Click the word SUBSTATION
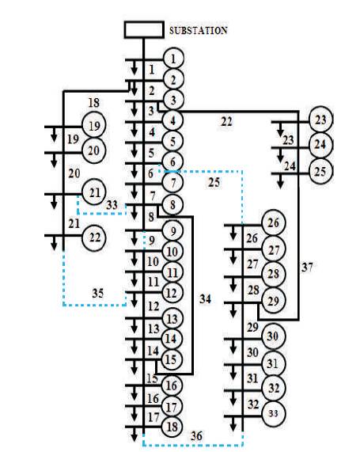click(199, 31)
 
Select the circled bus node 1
click(173, 59)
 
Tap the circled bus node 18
click(172, 427)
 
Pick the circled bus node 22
click(94, 237)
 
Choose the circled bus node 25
click(320, 172)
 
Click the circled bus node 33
click(274, 413)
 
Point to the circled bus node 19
click(94, 126)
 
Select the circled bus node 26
click(274, 222)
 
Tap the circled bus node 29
click(274, 301)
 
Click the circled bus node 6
click(172, 161)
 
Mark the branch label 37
click(307, 268)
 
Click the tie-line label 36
click(196, 435)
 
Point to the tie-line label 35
click(97, 293)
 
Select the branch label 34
click(205, 299)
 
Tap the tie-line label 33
click(112, 205)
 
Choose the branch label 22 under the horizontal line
click(226, 122)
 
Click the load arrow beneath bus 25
click(280, 181)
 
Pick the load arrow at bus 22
click(54, 242)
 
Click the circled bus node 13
click(172, 319)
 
